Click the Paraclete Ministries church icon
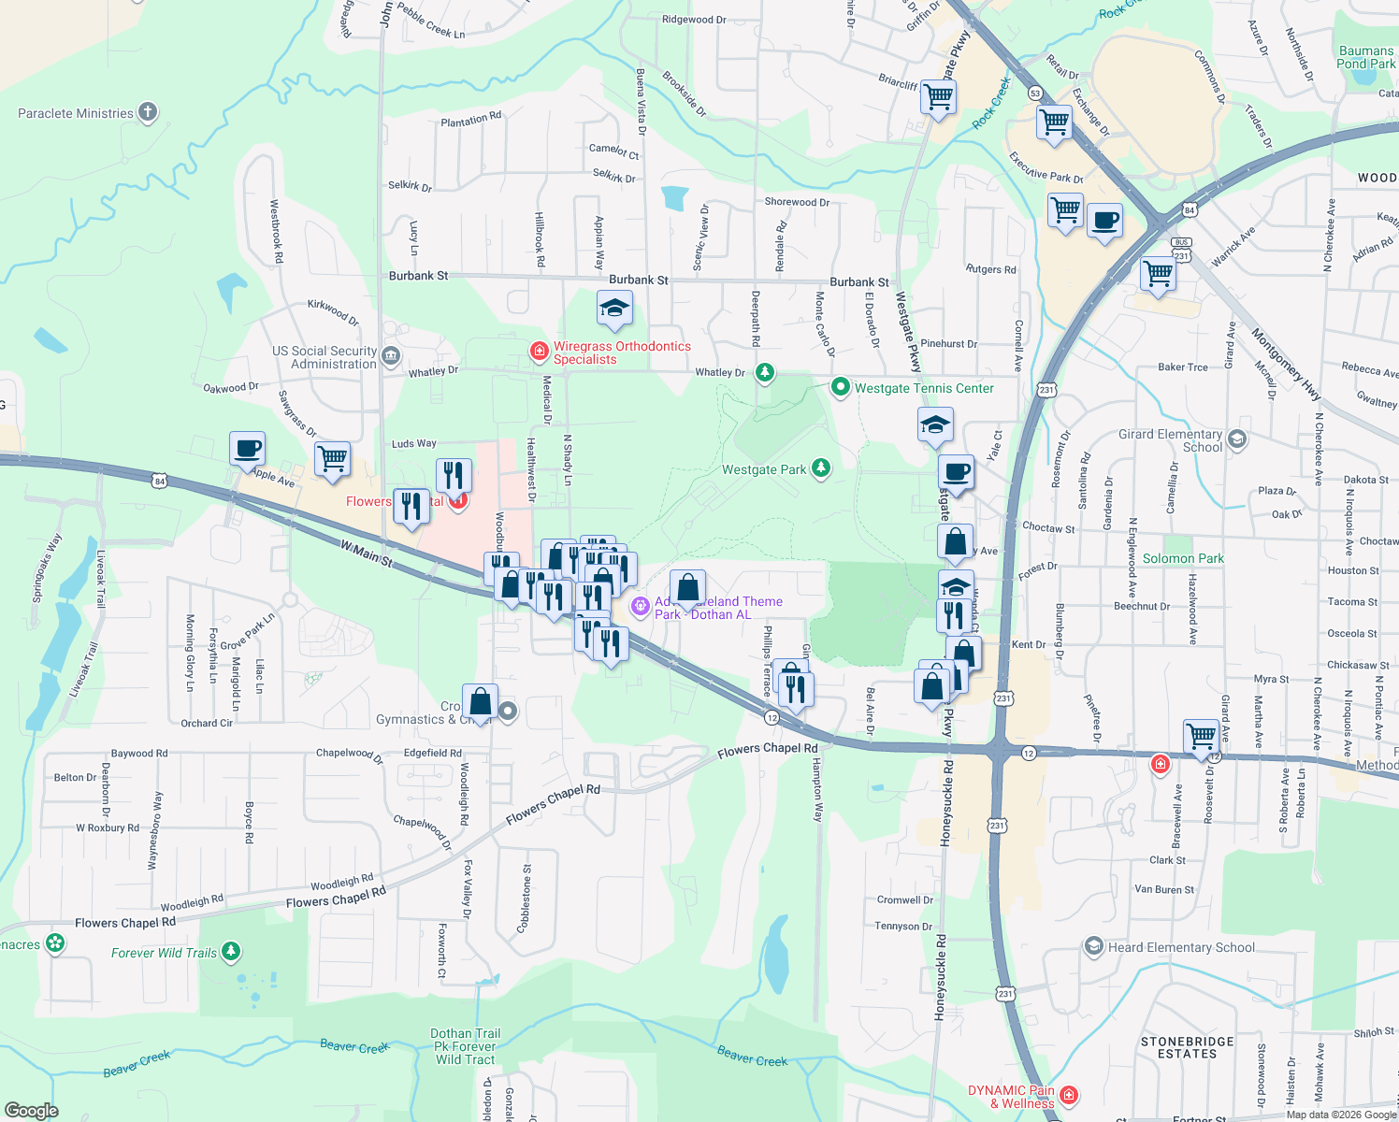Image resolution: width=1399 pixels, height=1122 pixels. pyautogui.click(x=148, y=113)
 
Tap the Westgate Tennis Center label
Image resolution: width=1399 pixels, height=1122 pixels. pyautogui.click(x=924, y=388)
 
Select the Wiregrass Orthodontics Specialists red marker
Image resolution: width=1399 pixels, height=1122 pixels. pyautogui.click(x=539, y=351)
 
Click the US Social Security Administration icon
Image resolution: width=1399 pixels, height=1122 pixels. pyautogui.click(x=391, y=355)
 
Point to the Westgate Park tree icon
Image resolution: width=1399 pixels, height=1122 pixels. pyautogui.click(x=821, y=467)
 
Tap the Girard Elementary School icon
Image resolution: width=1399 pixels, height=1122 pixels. pyautogui.click(x=1237, y=439)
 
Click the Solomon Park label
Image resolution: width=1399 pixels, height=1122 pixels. pyautogui.click(x=1183, y=558)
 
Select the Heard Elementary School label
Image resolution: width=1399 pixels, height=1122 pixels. pyautogui.click(x=1181, y=947)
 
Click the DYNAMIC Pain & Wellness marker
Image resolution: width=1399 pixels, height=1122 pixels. pyautogui.click(x=1070, y=1094)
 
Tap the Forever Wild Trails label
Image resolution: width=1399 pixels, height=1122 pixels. pyautogui.click(x=164, y=953)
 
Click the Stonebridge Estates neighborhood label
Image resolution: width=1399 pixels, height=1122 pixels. pyautogui.click(x=1187, y=1047)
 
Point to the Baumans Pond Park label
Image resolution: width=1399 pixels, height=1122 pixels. pyautogui.click(x=1365, y=57)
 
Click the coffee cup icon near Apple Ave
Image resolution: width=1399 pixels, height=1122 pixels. pyautogui.click(x=247, y=448)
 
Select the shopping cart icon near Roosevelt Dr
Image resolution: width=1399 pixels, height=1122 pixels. pyautogui.click(x=1201, y=735)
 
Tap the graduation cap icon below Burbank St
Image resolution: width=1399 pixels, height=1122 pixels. pyautogui.click(x=614, y=308)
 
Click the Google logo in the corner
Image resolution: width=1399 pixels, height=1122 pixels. pyautogui.click(x=32, y=1111)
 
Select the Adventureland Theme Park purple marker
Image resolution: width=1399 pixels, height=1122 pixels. pyautogui.click(x=641, y=607)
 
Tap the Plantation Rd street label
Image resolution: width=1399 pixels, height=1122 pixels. pyautogui.click(x=470, y=119)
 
